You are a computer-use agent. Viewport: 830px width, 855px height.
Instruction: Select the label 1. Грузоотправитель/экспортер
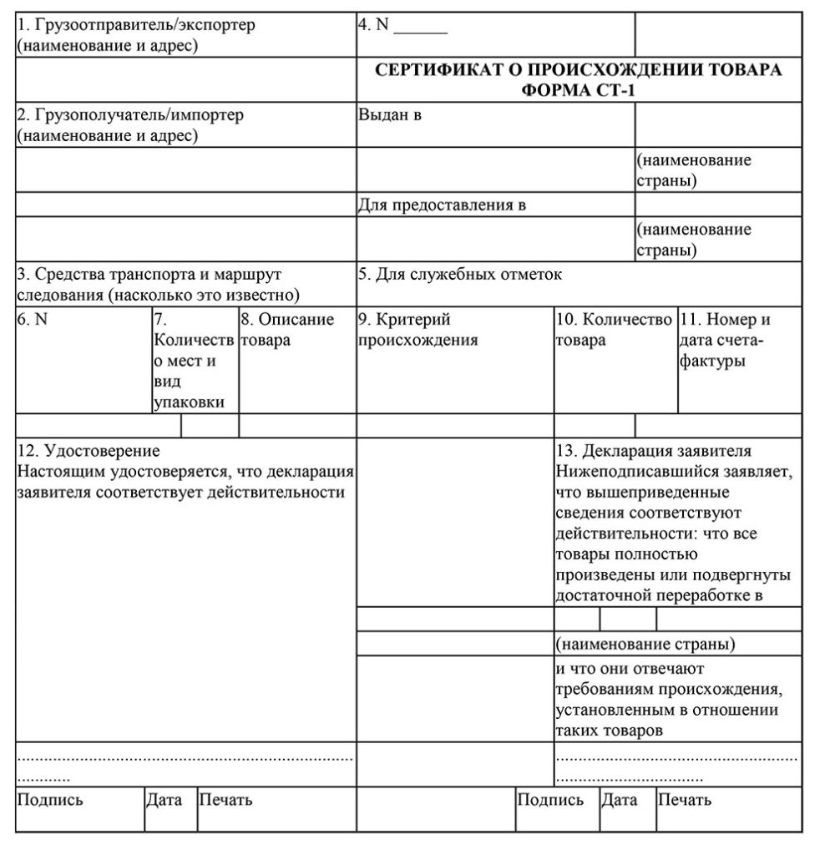136,25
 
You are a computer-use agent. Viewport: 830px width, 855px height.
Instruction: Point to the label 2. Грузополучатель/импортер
130,115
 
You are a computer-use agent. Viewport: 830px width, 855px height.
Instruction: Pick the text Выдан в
389,115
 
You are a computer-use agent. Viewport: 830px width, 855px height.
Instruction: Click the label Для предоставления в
442,205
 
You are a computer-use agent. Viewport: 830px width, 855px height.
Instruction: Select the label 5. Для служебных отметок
460,274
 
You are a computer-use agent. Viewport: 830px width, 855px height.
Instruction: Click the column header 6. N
32,320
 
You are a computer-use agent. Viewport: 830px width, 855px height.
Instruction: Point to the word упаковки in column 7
189,402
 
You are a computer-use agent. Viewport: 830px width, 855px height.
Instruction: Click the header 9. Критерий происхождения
418,330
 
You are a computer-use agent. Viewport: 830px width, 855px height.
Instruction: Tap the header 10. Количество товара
615,330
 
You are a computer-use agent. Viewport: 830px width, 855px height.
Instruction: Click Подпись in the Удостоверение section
50,800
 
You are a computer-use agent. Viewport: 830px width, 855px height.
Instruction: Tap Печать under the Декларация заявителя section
685,800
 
